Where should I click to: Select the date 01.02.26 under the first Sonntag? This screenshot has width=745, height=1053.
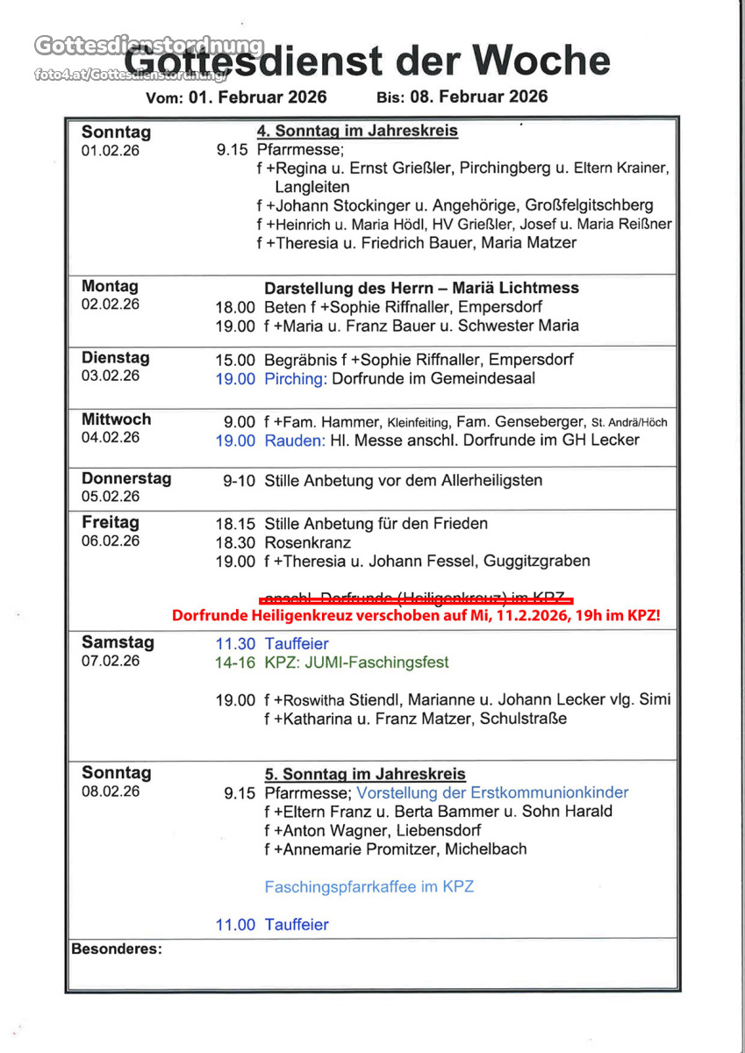tap(111, 150)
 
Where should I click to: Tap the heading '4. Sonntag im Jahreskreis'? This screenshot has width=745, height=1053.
tap(357, 132)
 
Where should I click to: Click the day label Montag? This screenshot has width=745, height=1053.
tap(110, 286)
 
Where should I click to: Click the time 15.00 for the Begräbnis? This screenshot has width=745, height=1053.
tap(235, 360)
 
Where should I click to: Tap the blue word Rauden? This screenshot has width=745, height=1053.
tap(295, 440)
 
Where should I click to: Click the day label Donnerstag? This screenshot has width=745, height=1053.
tap(126, 478)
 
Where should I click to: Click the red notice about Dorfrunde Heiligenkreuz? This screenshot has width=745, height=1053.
tap(416, 616)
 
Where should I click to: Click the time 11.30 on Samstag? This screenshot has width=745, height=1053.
tap(235, 644)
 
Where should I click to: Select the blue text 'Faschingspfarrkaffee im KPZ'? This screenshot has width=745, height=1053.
tap(369, 886)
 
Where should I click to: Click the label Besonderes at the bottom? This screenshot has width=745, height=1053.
tap(116, 949)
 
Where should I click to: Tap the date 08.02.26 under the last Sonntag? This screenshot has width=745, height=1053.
tap(111, 791)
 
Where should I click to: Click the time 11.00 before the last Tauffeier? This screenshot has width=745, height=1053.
tap(235, 925)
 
